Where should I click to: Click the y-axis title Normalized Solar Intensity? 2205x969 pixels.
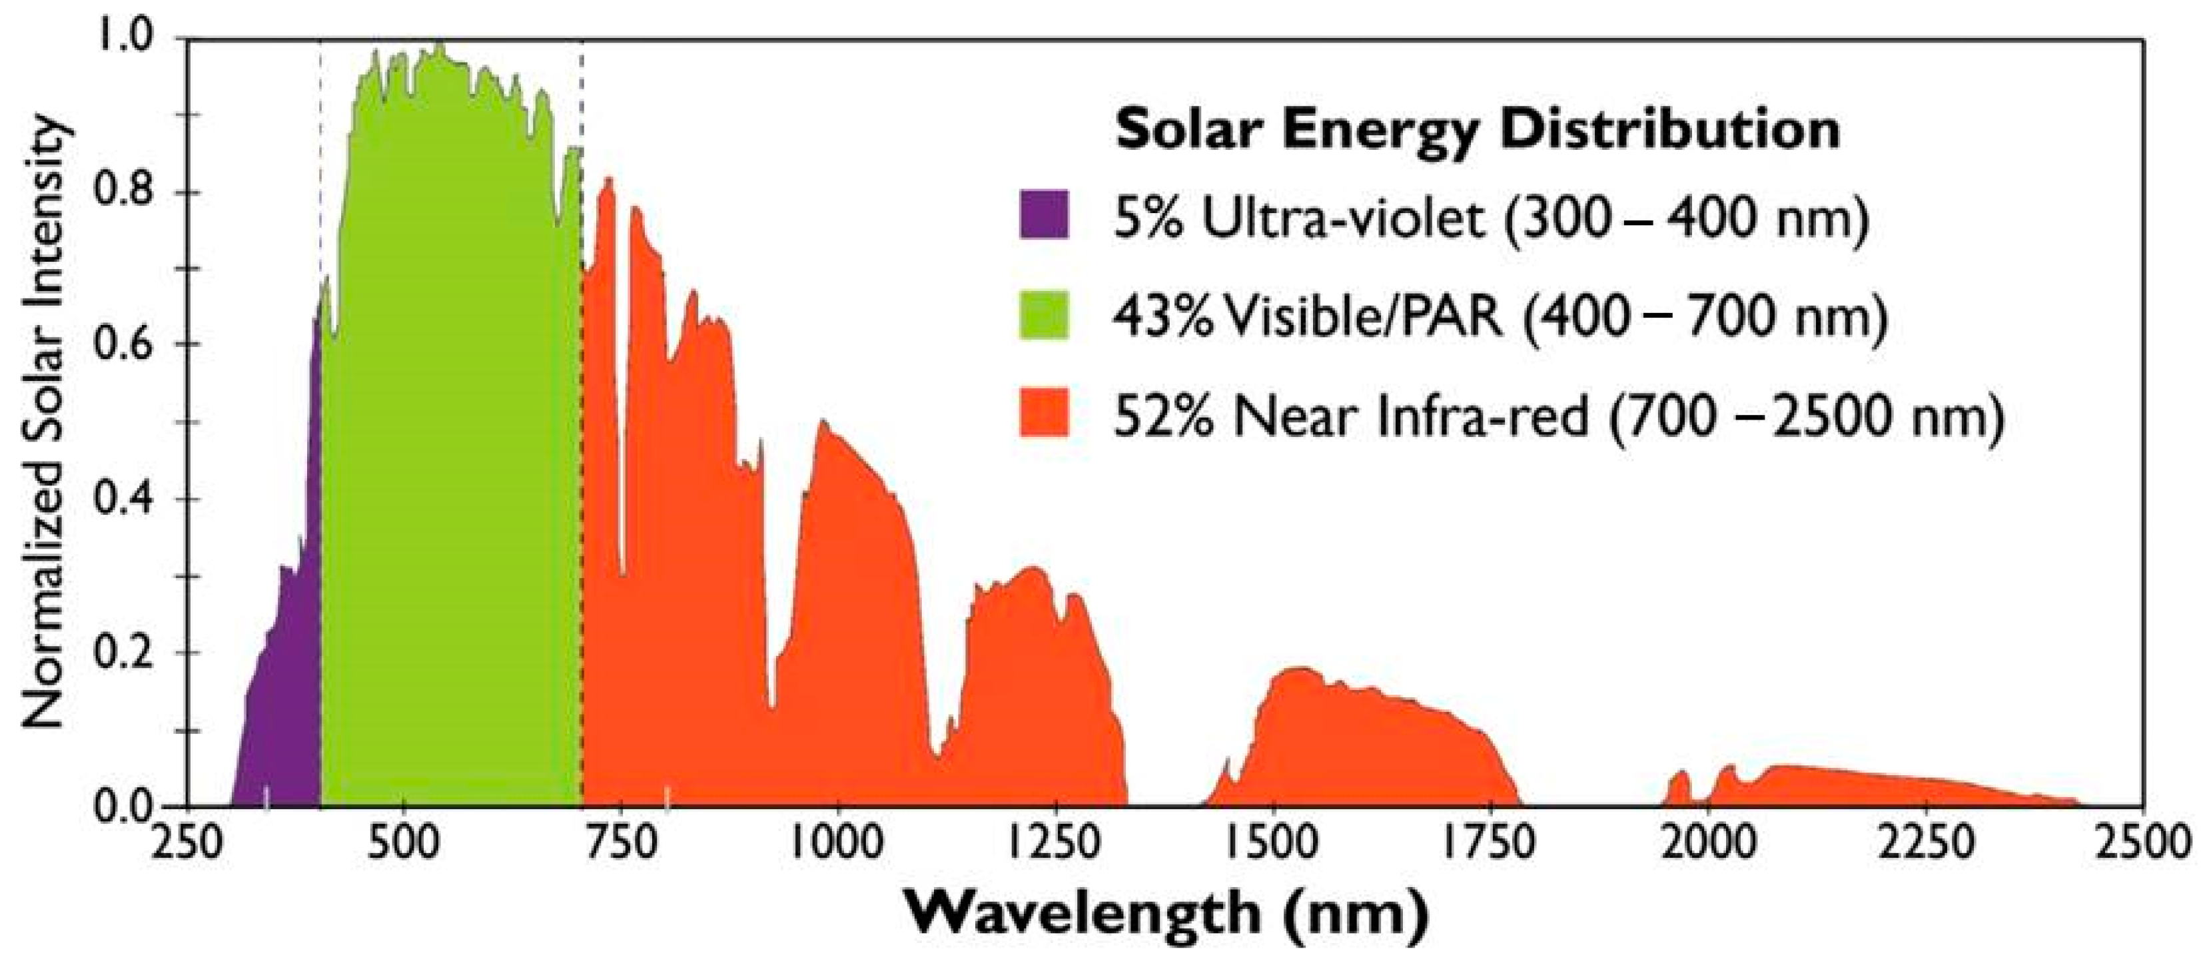pyautogui.click(x=44, y=423)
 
